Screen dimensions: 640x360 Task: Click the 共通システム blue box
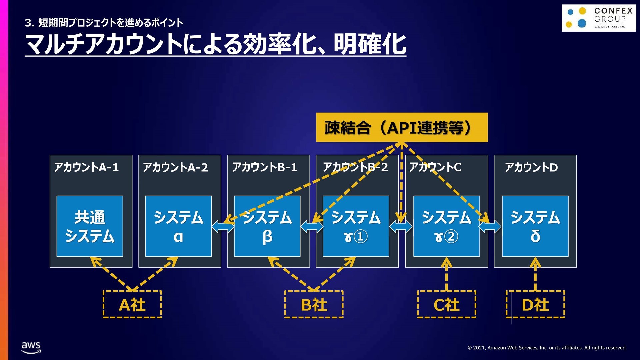pos(90,226)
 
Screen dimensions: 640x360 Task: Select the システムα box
pos(178,226)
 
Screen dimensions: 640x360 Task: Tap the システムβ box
pos(267,226)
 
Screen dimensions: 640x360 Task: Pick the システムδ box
pos(535,226)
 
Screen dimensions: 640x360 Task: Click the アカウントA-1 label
pos(86,167)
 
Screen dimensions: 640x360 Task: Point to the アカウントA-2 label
pos(175,167)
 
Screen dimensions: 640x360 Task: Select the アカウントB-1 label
pos(265,167)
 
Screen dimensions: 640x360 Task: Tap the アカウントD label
pos(531,167)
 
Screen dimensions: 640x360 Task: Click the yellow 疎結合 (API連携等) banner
pos(402,127)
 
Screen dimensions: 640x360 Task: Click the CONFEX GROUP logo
pos(599,18)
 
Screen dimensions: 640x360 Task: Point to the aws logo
pos(31,347)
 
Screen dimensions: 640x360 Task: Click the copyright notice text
pos(547,348)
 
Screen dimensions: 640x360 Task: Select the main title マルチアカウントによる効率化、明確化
pos(215,44)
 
